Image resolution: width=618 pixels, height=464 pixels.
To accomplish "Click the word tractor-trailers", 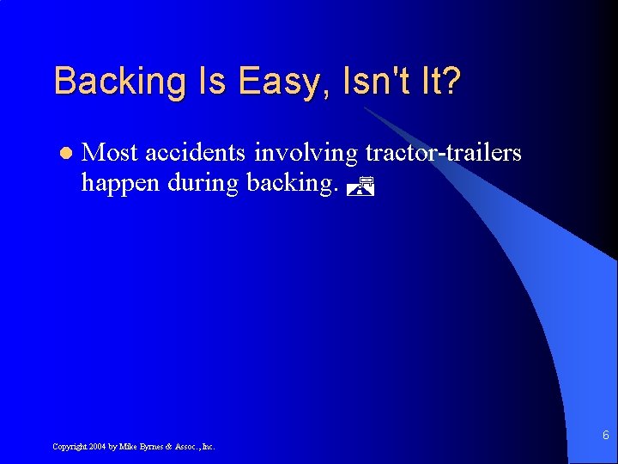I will tap(443, 153).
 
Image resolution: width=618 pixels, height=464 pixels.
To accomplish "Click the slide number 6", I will tap(605, 436).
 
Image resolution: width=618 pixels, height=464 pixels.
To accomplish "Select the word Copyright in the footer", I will tap(69, 447).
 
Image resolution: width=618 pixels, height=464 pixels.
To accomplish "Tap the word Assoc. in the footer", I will tap(187, 447).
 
